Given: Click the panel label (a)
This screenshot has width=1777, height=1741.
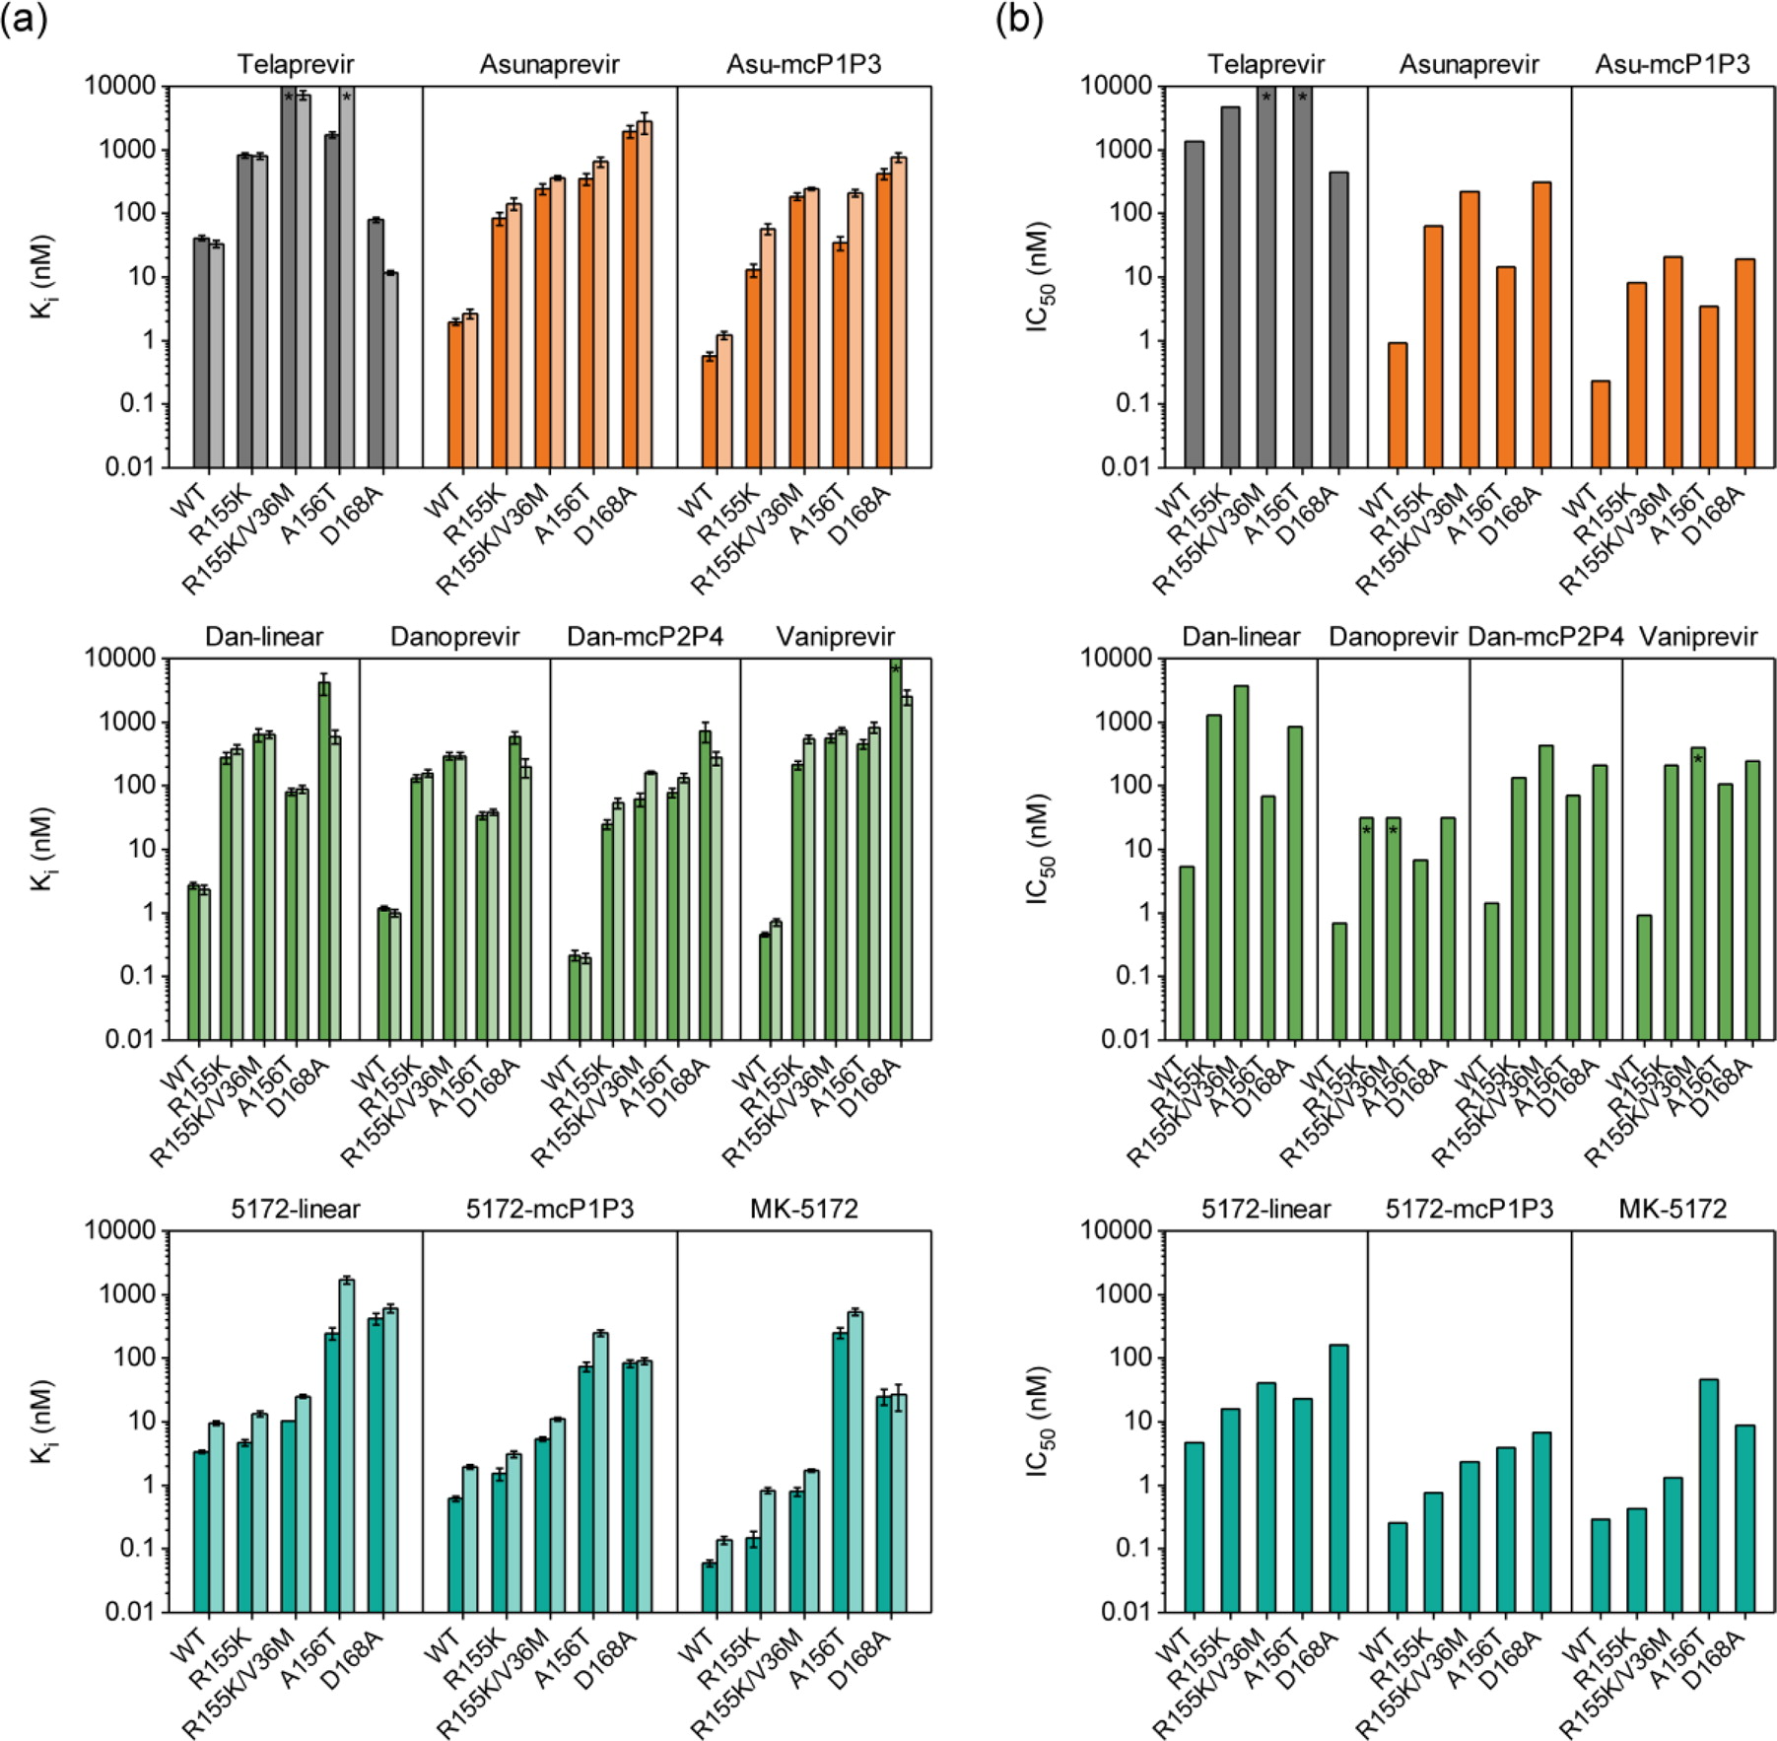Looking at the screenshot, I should (24, 20).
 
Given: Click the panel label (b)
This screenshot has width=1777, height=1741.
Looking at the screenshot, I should (1019, 20).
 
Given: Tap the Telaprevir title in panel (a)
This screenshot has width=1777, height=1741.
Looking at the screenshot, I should (295, 65).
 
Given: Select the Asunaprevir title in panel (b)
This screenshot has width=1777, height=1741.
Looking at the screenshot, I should (1469, 65).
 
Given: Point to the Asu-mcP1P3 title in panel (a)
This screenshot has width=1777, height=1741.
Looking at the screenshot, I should (803, 65).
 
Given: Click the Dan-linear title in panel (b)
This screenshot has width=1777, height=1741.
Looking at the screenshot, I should (1241, 637).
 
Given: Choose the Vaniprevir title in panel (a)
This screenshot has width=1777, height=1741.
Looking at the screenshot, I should (835, 637).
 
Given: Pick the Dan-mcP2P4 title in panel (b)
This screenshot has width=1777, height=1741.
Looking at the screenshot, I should (1545, 637).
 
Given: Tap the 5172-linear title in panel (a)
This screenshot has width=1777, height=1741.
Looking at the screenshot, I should (295, 1209).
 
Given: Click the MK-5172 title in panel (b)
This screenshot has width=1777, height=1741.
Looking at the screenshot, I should (1673, 1209).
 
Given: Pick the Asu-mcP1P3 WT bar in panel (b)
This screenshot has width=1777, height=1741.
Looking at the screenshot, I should (1600, 424).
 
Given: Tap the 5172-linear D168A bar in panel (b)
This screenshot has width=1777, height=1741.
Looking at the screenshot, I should (1338, 1478).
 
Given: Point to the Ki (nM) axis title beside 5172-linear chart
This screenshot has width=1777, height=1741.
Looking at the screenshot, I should (42, 1421).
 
